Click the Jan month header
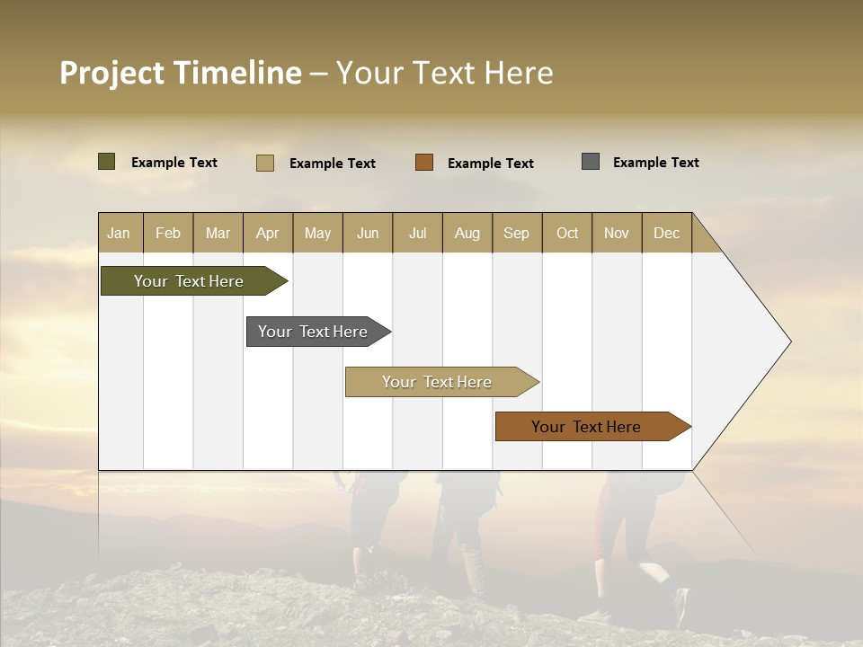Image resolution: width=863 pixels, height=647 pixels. (x=119, y=233)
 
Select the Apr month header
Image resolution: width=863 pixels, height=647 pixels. (x=267, y=233)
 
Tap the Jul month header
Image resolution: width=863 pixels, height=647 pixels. (x=417, y=233)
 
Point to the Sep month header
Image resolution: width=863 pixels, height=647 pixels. (x=516, y=233)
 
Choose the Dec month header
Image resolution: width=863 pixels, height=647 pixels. (x=666, y=233)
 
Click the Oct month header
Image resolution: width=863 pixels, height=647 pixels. (x=567, y=233)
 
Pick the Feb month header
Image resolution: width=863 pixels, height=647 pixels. (x=168, y=233)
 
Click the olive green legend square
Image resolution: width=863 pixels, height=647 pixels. (x=107, y=162)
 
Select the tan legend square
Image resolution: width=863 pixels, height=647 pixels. (x=265, y=163)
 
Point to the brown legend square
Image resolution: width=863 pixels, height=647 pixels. (x=424, y=163)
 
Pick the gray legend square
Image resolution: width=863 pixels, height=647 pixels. (x=591, y=162)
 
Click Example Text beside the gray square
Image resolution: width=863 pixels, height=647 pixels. (x=655, y=162)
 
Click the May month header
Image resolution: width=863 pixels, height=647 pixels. (x=317, y=233)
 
